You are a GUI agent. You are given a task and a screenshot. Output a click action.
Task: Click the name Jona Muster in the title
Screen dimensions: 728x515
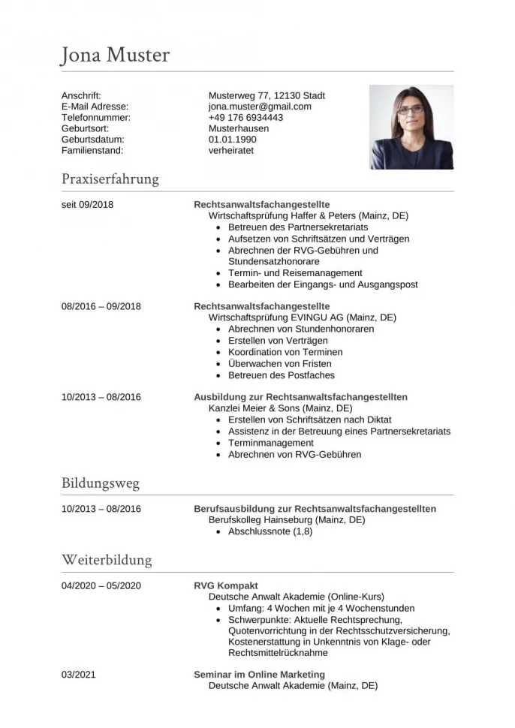coord(116,56)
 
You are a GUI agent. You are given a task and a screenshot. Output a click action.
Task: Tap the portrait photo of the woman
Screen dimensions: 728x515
coord(411,127)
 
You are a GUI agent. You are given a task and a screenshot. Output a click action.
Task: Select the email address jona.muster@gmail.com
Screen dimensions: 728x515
coord(260,107)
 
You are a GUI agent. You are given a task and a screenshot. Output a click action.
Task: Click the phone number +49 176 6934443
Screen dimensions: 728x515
coord(245,118)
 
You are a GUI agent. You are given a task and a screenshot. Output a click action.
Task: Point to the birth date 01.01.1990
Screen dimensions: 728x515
coord(232,140)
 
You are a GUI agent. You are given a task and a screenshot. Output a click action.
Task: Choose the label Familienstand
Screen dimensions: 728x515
coord(92,150)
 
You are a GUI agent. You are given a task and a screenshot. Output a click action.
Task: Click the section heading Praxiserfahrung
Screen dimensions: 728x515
coord(110,179)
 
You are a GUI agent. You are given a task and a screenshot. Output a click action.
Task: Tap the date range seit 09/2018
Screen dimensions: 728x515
coord(87,204)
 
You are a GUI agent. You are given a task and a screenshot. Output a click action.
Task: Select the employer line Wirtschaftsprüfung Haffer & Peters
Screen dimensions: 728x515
coord(308,215)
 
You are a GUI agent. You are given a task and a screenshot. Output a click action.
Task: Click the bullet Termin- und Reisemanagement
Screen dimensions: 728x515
coord(295,273)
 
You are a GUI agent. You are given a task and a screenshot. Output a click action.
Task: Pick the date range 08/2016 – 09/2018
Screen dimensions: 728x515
coord(101,306)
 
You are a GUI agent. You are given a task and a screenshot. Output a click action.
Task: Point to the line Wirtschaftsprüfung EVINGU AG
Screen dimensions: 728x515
coord(302,317)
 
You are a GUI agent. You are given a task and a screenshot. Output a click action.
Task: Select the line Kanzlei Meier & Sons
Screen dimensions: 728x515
coord(280,408)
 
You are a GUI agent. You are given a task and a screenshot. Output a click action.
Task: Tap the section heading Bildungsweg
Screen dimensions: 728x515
coord(101,483)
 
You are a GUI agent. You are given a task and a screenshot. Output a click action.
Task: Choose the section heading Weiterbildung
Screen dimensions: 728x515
coord(107,560)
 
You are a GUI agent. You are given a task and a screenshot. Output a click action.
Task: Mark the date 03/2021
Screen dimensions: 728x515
coord(79,675)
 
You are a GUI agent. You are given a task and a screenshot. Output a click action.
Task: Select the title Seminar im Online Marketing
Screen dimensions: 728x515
coord(259,675)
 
